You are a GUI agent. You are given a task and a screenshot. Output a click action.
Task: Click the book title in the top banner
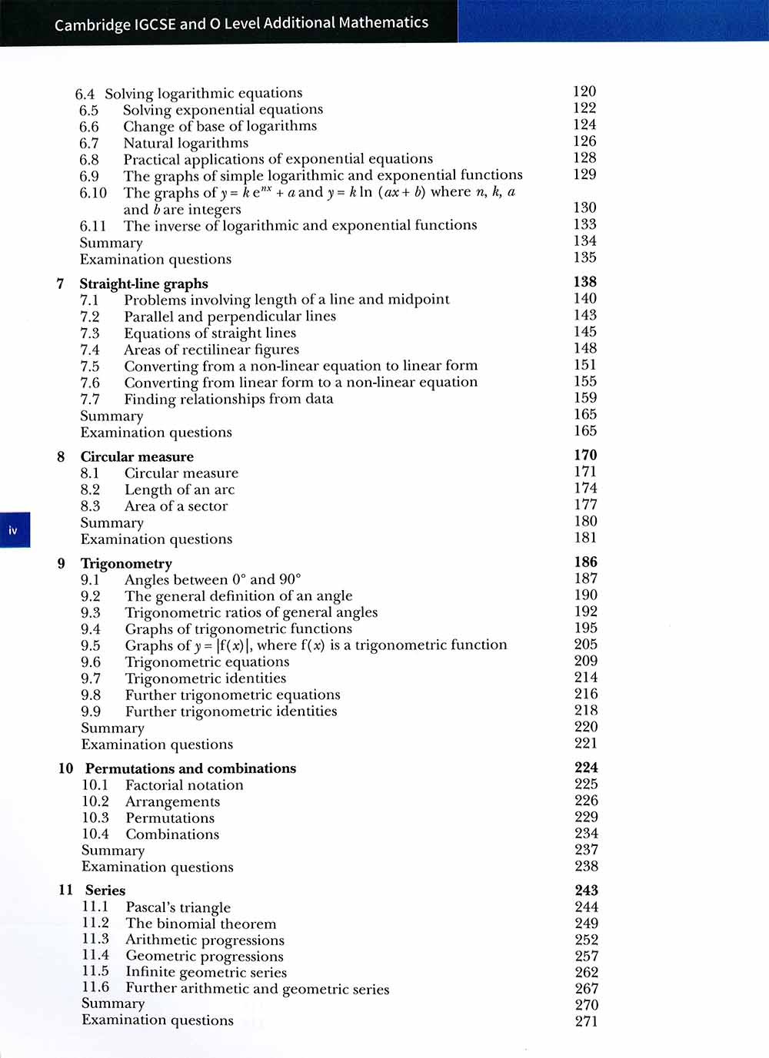point(241,23)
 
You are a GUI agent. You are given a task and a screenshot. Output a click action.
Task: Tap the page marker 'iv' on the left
point(13,530)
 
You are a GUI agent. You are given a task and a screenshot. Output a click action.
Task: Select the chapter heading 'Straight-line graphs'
point(144,284)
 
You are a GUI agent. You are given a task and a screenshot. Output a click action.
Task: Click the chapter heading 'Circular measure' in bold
point(137,457)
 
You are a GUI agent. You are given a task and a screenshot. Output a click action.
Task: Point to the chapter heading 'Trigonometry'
point(126,564)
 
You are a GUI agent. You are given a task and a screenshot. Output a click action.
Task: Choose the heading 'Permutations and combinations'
point(190,768)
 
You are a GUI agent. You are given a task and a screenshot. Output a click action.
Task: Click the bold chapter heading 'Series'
point(105,891)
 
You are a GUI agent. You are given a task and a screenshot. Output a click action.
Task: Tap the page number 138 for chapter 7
point(585,282)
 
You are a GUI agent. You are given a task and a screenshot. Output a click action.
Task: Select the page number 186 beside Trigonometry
point(585,562)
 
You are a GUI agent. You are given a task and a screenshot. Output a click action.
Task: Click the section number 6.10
point(93,193)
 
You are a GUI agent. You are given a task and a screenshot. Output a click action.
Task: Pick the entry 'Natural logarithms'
point(185,143)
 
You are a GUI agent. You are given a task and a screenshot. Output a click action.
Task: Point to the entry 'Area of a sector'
point(176,506)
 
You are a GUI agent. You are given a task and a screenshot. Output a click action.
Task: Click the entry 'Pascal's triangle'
point(178,907)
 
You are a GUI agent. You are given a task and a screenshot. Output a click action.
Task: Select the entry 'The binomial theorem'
point(201,924)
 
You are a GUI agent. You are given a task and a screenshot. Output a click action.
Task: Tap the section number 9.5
point(91,646)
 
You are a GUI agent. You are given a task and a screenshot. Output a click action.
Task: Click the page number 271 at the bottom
point(586,1021)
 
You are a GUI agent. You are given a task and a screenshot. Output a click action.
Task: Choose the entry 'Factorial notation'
point(185,785)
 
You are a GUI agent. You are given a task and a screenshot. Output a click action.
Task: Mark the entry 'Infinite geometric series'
point(206,973)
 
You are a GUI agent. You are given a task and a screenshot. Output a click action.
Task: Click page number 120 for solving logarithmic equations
point(584,91)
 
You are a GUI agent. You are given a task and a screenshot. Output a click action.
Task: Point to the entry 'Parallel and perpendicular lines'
point(230,317)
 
